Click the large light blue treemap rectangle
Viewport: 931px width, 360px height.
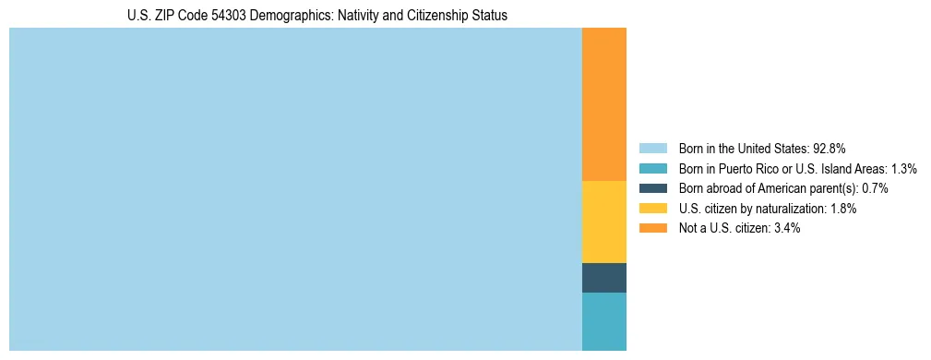click(x=295, y=189)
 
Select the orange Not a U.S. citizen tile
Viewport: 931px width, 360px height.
click(x=604, y=104)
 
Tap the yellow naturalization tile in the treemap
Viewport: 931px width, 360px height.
click(x=604, y=222)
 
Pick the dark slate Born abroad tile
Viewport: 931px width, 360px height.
click(x=604, y=278)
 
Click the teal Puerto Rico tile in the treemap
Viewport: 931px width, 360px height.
click(x=604, y=321)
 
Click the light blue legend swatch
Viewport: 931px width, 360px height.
click(x=652, y=149)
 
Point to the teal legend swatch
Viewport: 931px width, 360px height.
click(x=652, y=169)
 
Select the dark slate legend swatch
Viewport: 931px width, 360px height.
click(x=652, y=188)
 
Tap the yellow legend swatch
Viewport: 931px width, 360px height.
click(x=652, y=209)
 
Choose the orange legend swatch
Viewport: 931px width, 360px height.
click(x=652, y=229)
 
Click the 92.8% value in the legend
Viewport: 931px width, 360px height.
click(x=830, y=149)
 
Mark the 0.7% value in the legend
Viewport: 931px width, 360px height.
click(x=875, y=188)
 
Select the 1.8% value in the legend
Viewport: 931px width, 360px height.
click(x=842, y=209)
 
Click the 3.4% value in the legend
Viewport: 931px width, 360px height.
click(x=787, y=229)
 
